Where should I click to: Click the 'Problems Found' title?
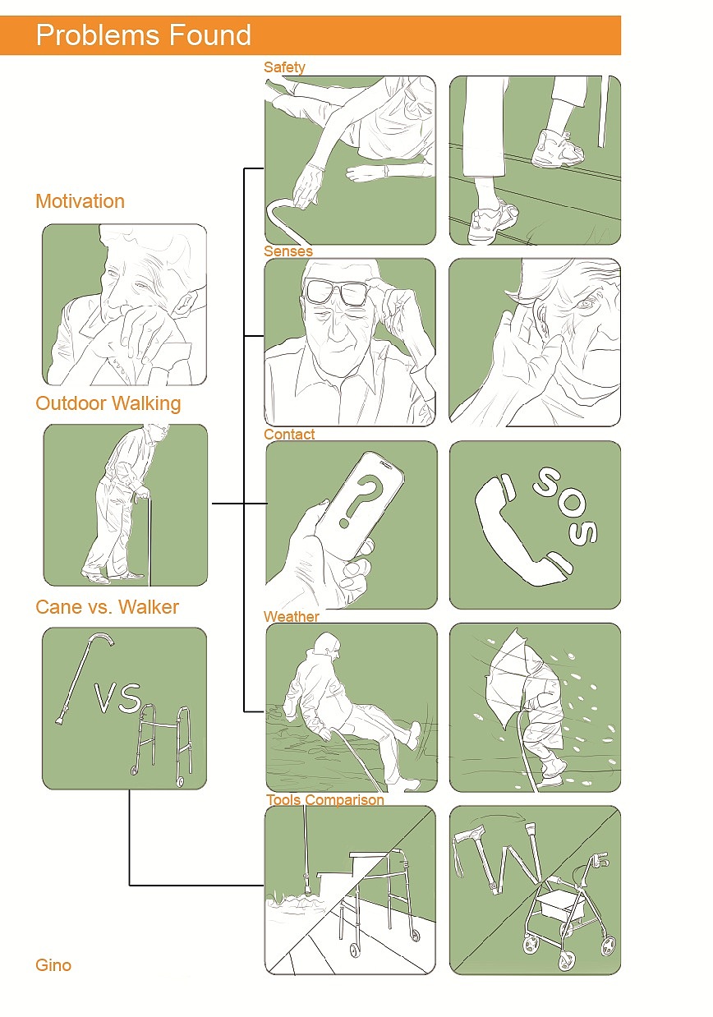(144, 35)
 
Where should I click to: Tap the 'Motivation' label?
(80, 201)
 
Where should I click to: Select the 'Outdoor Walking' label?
(108, 403)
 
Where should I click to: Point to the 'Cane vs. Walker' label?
(107, 607)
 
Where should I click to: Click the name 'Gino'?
(53, 965)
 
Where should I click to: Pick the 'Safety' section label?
(284, 67)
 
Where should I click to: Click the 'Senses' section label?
(288, 251)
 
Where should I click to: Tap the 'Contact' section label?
(289, 434)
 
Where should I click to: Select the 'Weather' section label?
(292, 617)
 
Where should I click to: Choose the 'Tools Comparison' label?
(325, 799)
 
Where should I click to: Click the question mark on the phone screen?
(361, 500)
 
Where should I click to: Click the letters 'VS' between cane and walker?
(118, 697)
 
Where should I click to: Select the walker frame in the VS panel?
(162, 745)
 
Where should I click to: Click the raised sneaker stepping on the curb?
(558, 148)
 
